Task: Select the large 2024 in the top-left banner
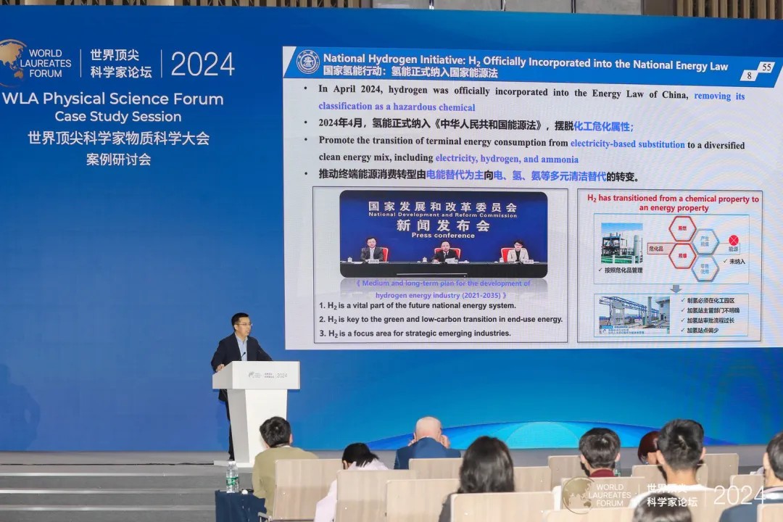(202, 65)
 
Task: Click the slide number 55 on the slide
(766, 67)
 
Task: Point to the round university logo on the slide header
(308, 62)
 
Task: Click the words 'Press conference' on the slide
(443, 235)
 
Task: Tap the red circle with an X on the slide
(733, 240)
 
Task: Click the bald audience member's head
(428, 429)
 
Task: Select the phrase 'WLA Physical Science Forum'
(113, 99)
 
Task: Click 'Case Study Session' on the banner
(118, 117)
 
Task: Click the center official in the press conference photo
(444, 251)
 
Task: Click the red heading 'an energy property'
(674, 208)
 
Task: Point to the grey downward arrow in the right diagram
(675, 288)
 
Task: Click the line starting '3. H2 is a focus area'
(415, 333)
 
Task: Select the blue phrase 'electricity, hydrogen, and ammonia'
(506, 159)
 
